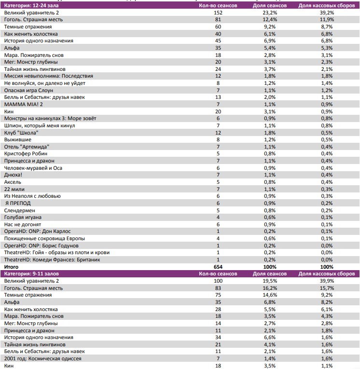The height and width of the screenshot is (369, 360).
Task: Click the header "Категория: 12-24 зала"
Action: [x=31, y=5]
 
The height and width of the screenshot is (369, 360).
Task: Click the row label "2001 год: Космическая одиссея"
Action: [x=42, y=358]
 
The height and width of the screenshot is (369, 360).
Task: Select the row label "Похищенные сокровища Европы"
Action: [x=44, y=238]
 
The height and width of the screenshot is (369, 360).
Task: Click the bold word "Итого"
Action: [x=12, y=266]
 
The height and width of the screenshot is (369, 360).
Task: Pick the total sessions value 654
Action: [x=218, y=266]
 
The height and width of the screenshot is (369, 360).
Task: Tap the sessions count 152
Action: [x=218, y=13]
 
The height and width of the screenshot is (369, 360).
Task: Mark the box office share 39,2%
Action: [x=327, y=13]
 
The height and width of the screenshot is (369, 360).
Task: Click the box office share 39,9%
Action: [x=327, y=281]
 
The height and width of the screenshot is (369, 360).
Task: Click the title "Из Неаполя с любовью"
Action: [x=33, y=196]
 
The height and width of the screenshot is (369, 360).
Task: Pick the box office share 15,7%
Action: [x=327, y=288]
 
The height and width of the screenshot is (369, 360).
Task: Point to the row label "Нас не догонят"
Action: [x=23, y=224]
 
